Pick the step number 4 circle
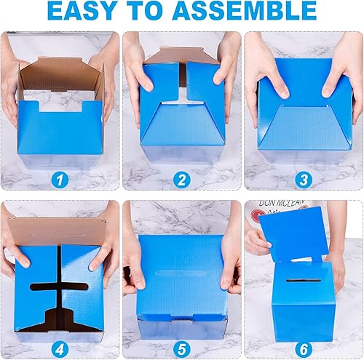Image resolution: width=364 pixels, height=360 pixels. click(60, 342)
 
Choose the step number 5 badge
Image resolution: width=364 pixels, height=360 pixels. click(182, 342)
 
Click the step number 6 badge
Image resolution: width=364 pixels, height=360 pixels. click(303, 342)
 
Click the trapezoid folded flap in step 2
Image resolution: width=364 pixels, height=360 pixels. click(182, 124)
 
